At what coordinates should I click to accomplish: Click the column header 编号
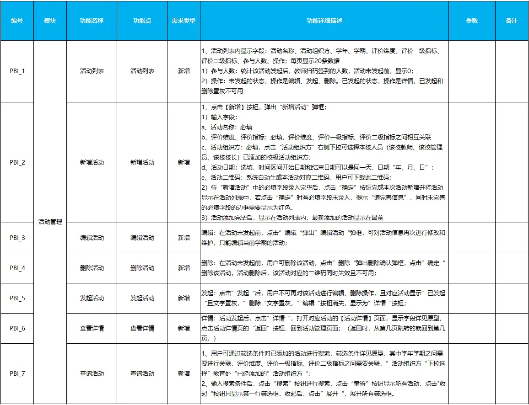pos(17,21)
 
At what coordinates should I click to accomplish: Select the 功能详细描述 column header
pos(324,21)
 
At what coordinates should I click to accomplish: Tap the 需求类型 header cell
pos(184,21)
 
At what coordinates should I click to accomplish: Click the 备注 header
pos(512,21)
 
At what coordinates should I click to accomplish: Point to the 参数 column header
pos(472,21)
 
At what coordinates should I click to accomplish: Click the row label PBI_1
pos(17,71)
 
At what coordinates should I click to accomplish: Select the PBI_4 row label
pos(17,268)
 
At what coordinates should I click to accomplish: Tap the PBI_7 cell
pos(17,374)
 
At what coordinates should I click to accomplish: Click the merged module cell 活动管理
pos(50,222)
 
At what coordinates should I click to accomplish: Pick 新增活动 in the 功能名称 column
pos(92,162)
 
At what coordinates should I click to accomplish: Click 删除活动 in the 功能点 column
pos(142,268)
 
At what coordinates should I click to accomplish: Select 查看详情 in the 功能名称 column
pos(92,328)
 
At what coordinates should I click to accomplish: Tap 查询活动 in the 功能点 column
pos(142,374)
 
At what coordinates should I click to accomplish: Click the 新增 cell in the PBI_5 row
pos(184,298)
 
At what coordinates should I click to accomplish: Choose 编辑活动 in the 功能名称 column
pos(92,238)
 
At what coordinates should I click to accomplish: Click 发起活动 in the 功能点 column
pos(142,298)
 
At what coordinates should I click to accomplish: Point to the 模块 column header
pos(50,21)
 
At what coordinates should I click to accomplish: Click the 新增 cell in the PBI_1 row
pos(184,71)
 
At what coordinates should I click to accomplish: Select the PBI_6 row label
pos(17,328)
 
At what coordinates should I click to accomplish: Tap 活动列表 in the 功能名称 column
pos(92,71)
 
